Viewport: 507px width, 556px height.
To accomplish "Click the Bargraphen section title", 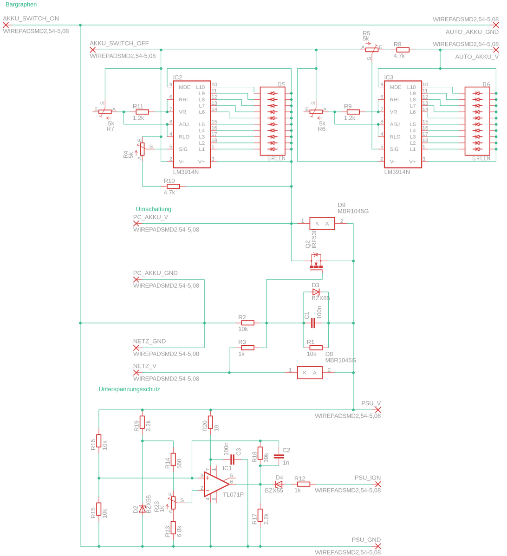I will pyautogui.click(x=21, y=5).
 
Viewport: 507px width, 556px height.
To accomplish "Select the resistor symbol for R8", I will pyautogui.click(x=403, y=50).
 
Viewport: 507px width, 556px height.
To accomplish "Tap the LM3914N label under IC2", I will pyautogui.click(x=186, y=172).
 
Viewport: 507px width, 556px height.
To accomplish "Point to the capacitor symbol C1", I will pyautogui.click(x=313, y=323).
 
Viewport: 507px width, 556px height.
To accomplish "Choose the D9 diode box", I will pyautogui.click(x=322, y=224).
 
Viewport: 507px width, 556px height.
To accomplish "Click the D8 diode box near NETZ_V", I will pyautogui.click(x=310, y=373).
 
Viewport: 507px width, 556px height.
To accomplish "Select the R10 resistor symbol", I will pyautogui.click(x=173, y=187).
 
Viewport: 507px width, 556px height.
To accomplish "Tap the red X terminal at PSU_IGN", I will pyautogui.click(x=378, y=484).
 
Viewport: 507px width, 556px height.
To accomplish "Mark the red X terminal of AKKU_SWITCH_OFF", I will pyautogui.click(x=93, y=50).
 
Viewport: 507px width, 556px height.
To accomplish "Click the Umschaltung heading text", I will pyautogui.click(x=153, y=209).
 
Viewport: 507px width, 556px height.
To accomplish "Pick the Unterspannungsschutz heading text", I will pyautogui.click(x=129, y=389).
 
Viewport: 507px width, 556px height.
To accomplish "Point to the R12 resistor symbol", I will pyautogui.click(x=304, y=484).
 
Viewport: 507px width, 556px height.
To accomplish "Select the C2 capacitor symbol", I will pyautogui.click(x=279, y=456).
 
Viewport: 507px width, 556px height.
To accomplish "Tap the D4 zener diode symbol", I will pyautogui.click(x=279, y=484).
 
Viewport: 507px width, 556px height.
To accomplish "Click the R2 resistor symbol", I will pyautogui.click(x=247, y=323).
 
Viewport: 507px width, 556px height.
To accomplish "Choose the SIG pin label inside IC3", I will pyautogui.click(x=394, y=149).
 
